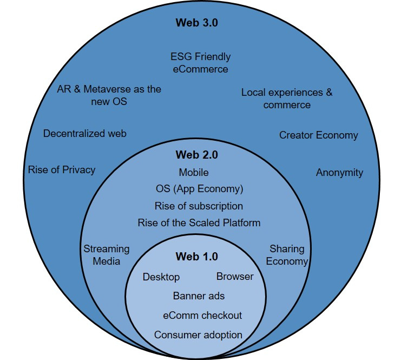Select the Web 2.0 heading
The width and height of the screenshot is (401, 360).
tap(196, 155)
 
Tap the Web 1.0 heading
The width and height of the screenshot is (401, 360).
tap(196, 257)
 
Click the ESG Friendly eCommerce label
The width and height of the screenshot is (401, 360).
tap(200, 63)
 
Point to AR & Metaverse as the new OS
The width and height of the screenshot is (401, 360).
tap(109, 95)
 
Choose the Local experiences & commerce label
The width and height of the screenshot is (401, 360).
tap(287, 98)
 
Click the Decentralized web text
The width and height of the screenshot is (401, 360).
tap(85, 133)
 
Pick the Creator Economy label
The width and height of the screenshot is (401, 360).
tap(318, 135)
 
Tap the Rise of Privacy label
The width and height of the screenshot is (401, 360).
tap(62, 169)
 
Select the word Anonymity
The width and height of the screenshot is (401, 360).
tap(339, 173)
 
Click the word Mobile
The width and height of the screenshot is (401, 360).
tap(194, 173)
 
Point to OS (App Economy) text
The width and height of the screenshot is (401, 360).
tap(199, 189)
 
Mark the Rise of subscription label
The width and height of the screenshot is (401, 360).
tap(199, 206)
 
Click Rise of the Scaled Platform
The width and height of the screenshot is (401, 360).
tap(199, 222)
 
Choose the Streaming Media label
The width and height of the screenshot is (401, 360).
tap(107, 255)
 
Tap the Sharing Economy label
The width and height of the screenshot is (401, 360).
tap(288, 255)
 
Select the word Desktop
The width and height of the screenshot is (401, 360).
tap(161, 277)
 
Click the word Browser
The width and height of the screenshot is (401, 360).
tap(235, 277)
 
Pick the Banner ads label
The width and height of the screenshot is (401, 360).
tap(199, 296)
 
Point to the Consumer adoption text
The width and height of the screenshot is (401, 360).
tap(198, 335)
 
